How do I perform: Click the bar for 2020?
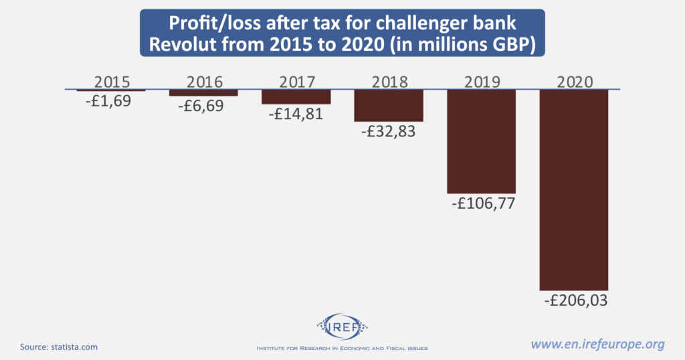(x=574, y=189)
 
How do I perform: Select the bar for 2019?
(x=481, y=141)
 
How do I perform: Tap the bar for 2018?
(x=389, y=105)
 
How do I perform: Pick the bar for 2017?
(x=296, y=97)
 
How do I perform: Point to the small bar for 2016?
(x=203, y=93)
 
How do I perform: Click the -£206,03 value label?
(x=574, y=300)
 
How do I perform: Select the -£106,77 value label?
(x=481, y=204)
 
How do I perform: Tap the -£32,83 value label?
(x=388, y=131)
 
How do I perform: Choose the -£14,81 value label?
(x=296, y=114)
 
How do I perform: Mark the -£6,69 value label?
(x=203, y=106)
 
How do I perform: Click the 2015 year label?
(x=111, y=82)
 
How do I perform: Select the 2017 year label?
(x=296, y=82)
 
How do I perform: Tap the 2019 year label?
(x=481, y=82)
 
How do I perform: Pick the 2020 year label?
(x=574, y=82)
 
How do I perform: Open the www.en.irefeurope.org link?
(x=597, y=345)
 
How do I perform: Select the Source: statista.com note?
(x=59, y=347)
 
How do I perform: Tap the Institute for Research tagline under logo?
(x=342, y=349)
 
